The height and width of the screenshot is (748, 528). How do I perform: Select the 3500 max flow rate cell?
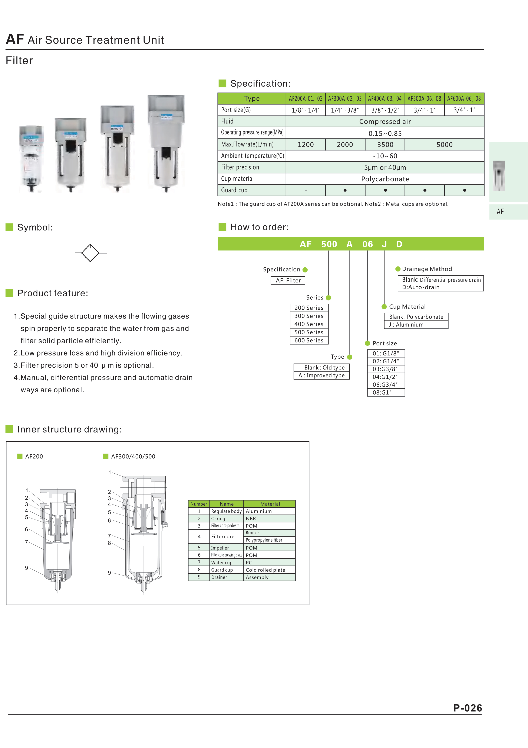385,145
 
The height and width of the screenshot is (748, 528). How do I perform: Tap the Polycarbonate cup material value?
385,179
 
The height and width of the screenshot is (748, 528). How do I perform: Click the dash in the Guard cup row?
306,190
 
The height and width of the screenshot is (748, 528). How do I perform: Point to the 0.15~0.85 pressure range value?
385,133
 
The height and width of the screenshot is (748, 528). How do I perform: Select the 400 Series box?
309,324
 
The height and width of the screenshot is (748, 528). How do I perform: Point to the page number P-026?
468,708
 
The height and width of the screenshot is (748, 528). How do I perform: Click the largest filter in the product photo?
166,143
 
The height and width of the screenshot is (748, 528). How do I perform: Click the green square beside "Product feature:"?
9,293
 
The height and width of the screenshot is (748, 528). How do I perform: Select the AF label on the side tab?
500,212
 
